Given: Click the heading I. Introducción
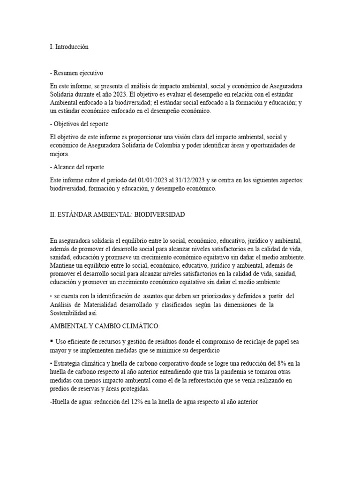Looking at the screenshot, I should tap(69, 47).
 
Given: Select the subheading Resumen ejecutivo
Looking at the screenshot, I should tap(78, 73).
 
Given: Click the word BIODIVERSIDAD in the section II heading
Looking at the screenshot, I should tap(160, 214).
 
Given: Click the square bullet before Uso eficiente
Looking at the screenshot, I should tap(51, 341).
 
